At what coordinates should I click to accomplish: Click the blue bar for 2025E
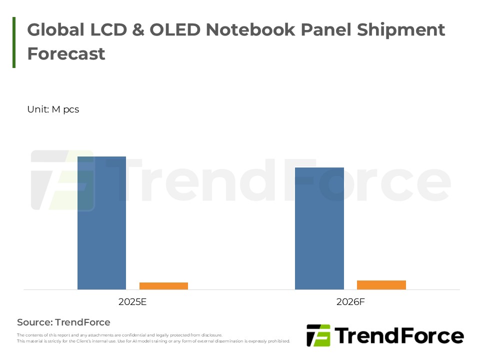(x=101, y=223)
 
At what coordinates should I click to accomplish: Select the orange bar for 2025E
(x=163, y=286)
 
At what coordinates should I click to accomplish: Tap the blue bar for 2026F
(x=319, y=228)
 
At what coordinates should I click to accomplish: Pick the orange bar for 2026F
(x=381, y=285)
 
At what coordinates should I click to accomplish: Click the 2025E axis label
(x=132, y=302)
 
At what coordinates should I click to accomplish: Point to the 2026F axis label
(x=350, y=302)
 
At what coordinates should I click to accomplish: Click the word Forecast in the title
(x=66, y=53)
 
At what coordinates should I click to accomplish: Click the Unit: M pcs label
(x=53, y=109)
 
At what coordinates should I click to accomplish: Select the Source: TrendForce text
(x=63, y=322)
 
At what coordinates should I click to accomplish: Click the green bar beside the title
(x=14, y=42)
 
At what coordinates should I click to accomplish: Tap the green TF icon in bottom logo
(x=318, y=335)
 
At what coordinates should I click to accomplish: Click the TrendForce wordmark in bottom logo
(x=398, y=335)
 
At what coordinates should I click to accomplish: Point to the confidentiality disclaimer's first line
(x=119, y=335)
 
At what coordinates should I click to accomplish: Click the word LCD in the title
(x=105, y=30)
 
